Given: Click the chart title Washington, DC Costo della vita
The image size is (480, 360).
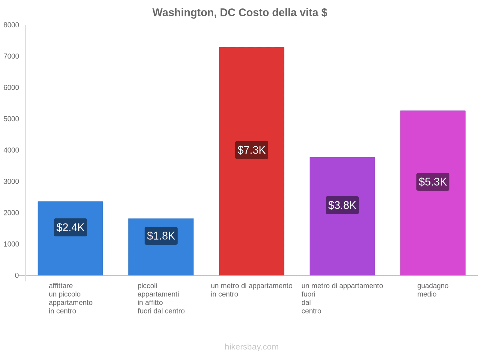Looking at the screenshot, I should pos(240,13).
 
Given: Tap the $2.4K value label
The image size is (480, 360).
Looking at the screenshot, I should pos(70,227).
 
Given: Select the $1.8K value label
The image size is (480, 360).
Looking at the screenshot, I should pos(161,236).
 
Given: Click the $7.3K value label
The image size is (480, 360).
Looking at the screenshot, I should pos(252,150).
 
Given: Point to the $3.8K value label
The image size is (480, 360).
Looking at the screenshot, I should pos(342,205).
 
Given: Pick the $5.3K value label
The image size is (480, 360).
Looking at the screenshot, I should pos(433,182).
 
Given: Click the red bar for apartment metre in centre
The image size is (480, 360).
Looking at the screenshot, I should pos(252,90).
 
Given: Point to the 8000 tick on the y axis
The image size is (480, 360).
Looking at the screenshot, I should pos(11,25).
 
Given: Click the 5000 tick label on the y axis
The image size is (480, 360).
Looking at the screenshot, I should pos(11,119).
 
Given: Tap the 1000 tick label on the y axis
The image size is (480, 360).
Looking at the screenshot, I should pos(11,244).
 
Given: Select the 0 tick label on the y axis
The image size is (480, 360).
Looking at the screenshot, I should pos(17,275).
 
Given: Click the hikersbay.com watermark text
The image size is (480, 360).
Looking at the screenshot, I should pos(252,347).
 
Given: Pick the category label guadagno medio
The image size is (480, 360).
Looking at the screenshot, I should pos(433,290).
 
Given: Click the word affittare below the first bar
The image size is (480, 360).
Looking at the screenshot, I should pos(61,286).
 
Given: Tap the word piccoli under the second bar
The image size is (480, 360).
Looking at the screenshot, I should pos(147,286).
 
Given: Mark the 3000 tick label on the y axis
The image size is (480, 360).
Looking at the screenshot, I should pos(11,181).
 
